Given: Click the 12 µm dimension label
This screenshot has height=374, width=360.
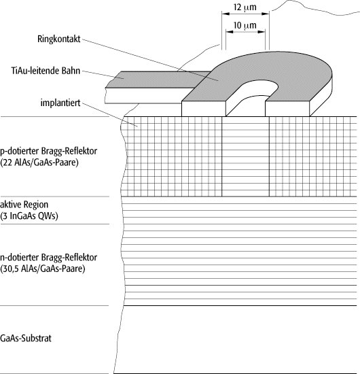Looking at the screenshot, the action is pos(245,7).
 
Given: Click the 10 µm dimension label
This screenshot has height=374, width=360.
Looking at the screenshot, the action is pos(245,25).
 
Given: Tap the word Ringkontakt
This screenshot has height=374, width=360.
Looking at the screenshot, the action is pos(59,39).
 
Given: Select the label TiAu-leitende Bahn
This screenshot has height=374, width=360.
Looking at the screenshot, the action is pos(46,71).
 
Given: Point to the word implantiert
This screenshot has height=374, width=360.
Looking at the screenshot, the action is pos(60,103).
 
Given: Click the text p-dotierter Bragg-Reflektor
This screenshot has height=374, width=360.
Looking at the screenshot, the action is pos(49,151).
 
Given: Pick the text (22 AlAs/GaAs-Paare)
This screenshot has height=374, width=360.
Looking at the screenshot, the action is pos(39,163).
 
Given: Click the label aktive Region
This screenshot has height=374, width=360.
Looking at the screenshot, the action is pos(24,205).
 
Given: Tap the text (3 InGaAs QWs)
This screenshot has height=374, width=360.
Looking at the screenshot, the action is pos(29,216).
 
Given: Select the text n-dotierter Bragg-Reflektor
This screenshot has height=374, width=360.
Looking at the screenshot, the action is pos(49,257).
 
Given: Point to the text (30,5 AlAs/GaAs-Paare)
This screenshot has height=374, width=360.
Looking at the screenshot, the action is pos(43,269).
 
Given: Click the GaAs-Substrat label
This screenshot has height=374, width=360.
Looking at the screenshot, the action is pos(26,338).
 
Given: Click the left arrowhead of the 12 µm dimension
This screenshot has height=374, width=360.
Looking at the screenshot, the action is pos(226,14).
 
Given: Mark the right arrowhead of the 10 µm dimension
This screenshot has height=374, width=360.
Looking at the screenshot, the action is pos(262,32).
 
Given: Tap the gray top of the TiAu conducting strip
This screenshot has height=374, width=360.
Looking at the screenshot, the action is pos(158,80).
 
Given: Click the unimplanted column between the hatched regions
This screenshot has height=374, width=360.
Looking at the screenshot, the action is pos(245,156).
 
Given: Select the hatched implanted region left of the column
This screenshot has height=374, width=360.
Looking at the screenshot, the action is pos(172,156).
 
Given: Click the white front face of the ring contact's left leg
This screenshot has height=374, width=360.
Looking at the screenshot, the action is pos(204,109).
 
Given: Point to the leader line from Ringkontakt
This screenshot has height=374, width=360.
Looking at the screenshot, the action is pos(150,60).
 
